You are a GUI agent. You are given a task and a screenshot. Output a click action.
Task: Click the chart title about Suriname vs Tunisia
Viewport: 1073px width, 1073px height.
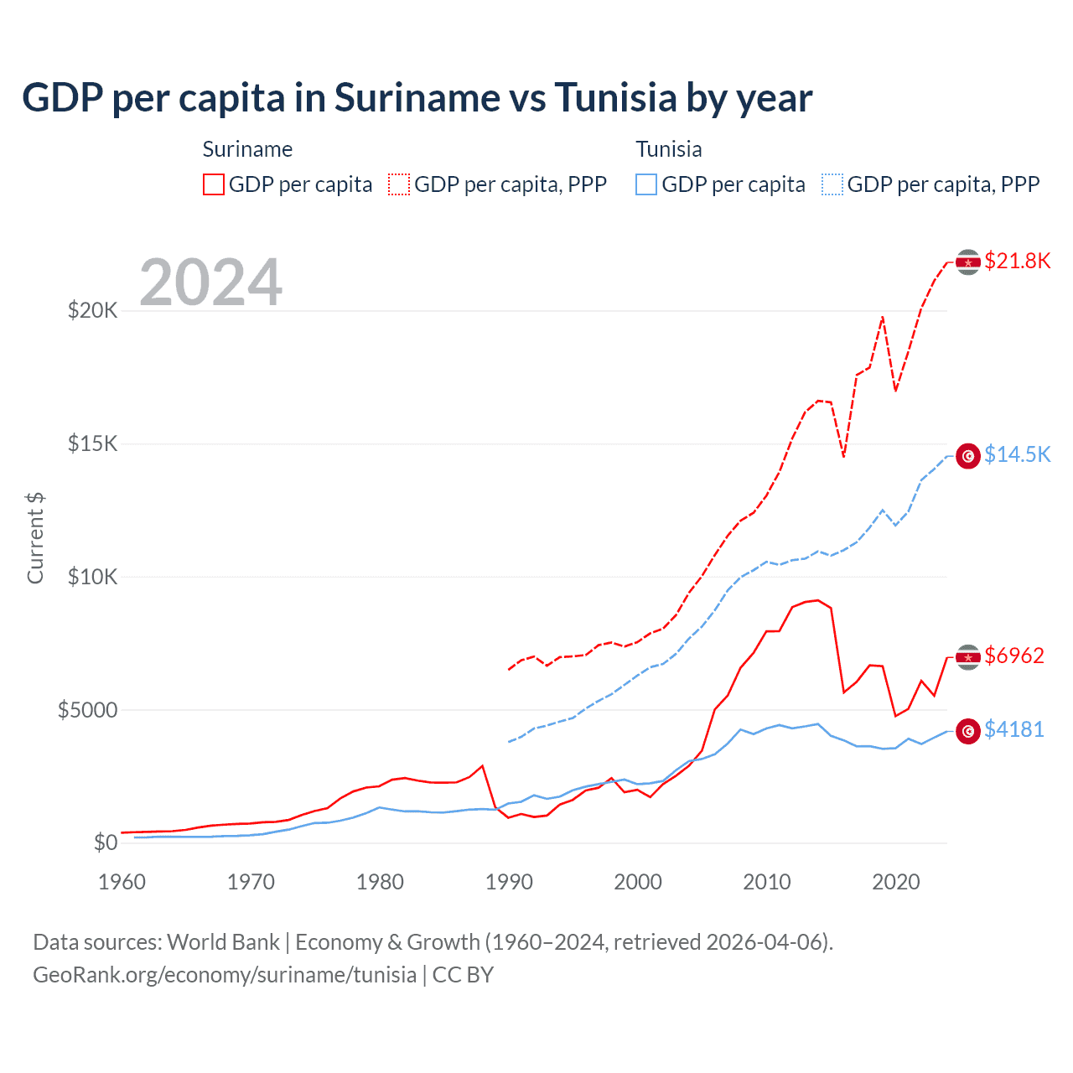417,98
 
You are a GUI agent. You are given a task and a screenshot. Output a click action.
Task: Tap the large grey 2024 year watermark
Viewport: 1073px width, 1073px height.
210,283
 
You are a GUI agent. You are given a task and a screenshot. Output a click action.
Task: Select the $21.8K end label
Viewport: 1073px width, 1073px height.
1017,261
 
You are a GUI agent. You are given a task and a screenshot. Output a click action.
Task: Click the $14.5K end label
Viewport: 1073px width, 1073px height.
1017,454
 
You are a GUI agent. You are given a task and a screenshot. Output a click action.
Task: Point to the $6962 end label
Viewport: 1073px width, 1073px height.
1013,656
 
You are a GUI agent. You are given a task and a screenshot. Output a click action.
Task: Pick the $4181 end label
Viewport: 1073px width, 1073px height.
1013,729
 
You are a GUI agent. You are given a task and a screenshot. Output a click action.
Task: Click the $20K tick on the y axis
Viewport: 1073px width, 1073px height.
92,311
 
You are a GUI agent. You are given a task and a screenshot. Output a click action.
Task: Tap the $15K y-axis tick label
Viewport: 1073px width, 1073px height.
92,443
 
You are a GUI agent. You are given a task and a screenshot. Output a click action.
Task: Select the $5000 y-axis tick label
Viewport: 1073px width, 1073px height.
87,710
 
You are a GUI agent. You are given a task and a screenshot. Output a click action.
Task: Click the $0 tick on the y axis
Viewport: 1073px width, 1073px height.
105,842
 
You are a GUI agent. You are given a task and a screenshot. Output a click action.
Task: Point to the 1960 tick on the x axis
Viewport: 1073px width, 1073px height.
122,882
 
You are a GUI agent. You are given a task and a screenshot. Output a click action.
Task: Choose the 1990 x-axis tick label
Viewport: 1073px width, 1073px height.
509,882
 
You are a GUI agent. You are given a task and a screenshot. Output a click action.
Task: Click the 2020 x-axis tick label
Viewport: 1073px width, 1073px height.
895,882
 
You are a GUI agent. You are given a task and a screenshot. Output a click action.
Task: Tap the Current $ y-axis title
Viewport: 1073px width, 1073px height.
35,537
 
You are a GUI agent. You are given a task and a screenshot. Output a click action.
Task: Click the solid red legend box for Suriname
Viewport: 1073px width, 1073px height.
214,184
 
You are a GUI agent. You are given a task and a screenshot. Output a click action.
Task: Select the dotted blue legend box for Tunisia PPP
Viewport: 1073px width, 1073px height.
832,184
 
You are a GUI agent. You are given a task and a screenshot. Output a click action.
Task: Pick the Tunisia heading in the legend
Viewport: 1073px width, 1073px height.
668,149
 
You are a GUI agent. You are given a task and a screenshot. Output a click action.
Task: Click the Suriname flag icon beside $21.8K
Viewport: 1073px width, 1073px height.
968,262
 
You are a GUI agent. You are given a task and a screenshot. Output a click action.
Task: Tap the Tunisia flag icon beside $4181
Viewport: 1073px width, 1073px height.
968,731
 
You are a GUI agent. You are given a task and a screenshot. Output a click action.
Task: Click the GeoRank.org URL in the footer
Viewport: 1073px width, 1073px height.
225,975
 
